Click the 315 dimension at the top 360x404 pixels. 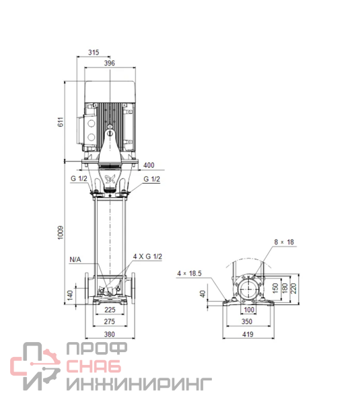(x=94, y=53)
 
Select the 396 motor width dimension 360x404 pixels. (x=110, y=63)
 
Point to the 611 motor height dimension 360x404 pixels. (x=61, y=122)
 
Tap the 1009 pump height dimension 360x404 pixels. (x=61, y=232)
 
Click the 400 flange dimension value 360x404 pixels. (x=149, y=165)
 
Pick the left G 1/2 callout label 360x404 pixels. (x=79, y=178)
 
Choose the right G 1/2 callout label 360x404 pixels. (x=151, y=179)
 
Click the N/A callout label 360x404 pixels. (x=75, y=259)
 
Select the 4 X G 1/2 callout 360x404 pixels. (x=147, y=257)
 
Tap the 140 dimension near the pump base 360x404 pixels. (x=70, y=295)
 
